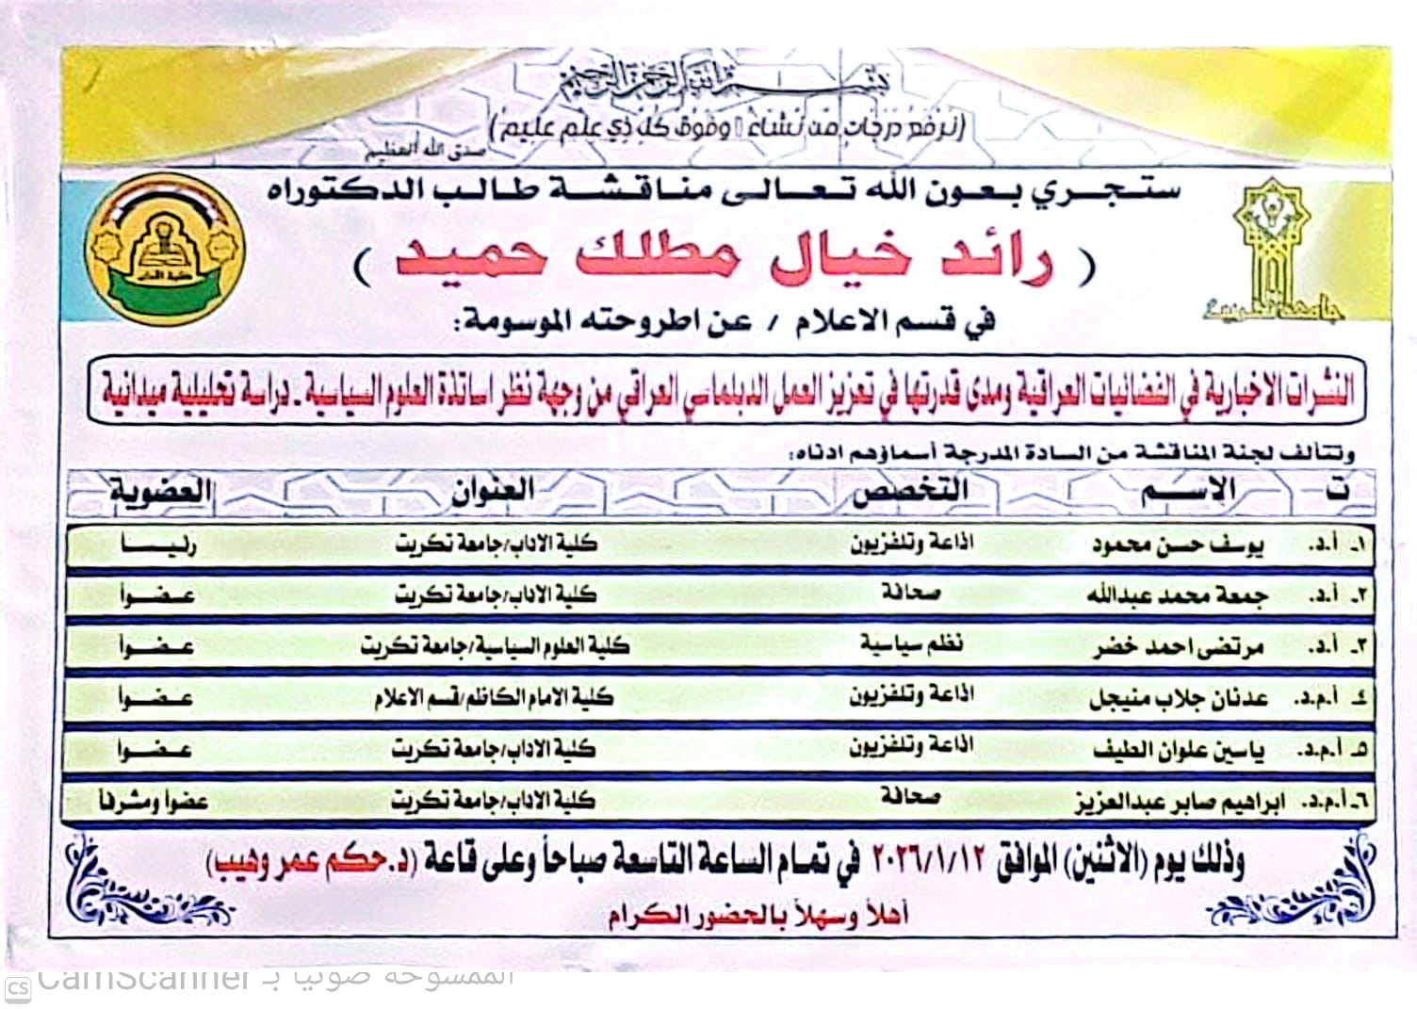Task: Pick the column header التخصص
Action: tap(910, 491)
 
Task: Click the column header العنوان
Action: tap(494, 491)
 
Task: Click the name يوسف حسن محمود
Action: tap(1178, 545)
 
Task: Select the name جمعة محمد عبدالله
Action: tap(1177, 595)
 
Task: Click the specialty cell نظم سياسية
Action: tap(910, 645)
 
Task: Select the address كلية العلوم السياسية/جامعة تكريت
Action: tap(495, 646)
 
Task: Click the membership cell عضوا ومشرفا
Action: tap(154, 802)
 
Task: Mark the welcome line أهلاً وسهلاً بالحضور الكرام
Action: tap(757, 915)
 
